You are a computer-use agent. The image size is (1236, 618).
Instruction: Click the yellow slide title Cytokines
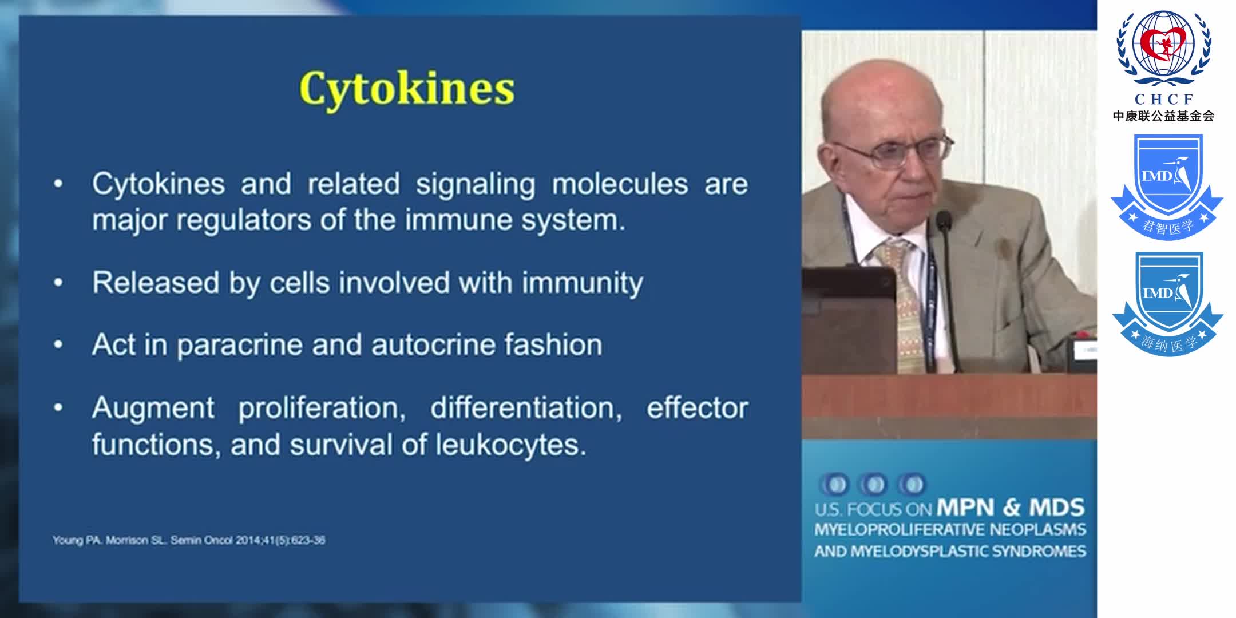pos(407,89)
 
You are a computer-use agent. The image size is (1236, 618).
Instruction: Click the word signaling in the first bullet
pos(476,184)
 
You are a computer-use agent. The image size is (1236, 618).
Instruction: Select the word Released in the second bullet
pos(156,283)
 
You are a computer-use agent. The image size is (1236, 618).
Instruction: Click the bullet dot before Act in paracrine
pos(58,345)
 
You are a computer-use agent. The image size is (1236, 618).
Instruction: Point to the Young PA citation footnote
pos(189,540)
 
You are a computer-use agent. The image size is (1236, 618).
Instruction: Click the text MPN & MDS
pos(1011,507)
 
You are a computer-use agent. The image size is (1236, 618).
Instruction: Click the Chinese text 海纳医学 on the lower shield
pos(1168,343)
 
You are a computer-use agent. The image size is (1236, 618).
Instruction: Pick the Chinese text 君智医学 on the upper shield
pos(1167,227)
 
